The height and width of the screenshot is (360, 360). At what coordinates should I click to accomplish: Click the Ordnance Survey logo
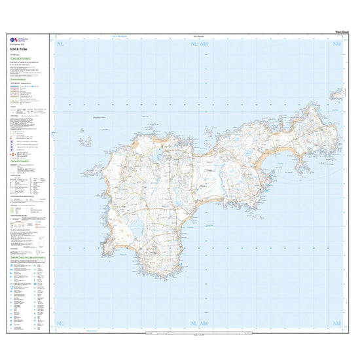(14, 40)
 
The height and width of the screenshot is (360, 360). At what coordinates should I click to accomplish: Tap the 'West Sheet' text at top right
(340, 31)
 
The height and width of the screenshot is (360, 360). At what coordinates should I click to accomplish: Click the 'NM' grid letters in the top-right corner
(337, 44)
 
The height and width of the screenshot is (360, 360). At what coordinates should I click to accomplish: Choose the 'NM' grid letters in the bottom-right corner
(337, 324)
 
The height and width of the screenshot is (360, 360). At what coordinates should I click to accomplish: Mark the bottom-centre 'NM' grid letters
(204, 324)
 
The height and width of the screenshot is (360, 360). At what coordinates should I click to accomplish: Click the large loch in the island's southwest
(137, 228)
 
